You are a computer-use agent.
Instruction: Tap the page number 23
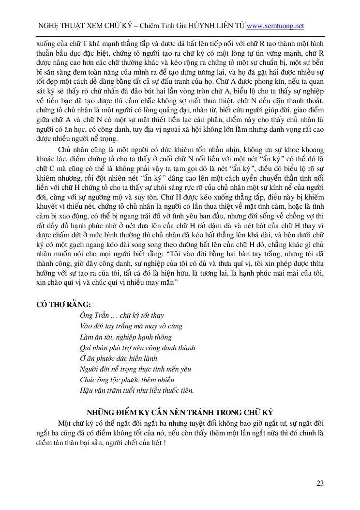point(320,483)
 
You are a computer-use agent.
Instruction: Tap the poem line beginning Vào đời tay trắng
point(131,326)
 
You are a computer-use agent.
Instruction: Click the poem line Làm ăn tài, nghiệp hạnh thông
point(125,337)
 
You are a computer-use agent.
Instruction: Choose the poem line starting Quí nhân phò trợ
point(137,348)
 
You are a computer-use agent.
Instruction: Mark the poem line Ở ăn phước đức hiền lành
point(119,358)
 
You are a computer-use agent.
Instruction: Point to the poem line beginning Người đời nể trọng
point(135,369)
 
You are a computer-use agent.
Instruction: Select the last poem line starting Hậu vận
point(137,390)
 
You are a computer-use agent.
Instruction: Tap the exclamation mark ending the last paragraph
point(165,443)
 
